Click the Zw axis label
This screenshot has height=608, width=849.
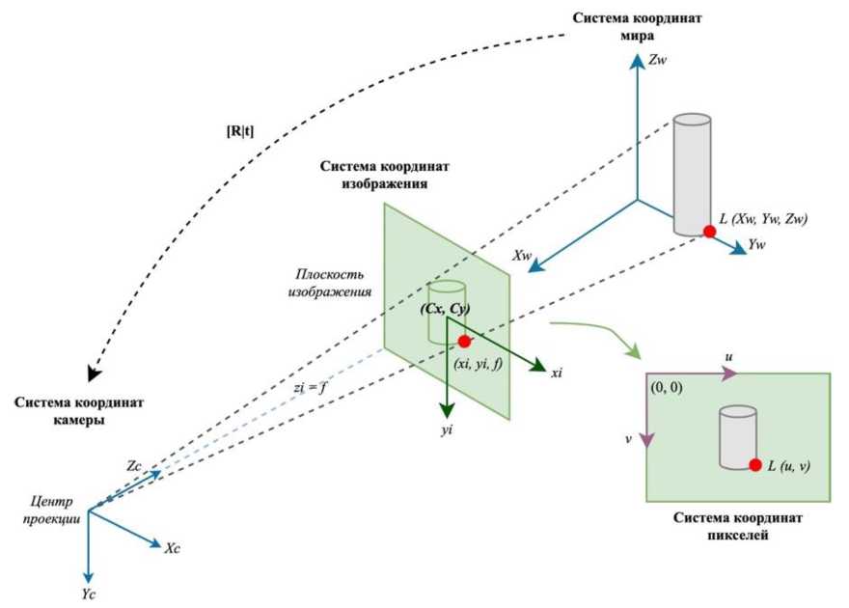tap(660, 60)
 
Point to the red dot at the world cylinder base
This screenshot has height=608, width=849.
tap(709, 232)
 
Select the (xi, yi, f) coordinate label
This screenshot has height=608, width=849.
tap(478, 365)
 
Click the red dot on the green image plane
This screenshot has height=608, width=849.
tap(464, 341)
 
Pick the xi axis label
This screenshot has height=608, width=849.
tap(556, 373)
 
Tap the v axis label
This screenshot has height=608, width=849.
tap(629, 436)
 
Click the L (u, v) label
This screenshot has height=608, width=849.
tap(788, 466)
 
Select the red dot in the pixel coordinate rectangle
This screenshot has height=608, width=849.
tap(755, 465)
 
